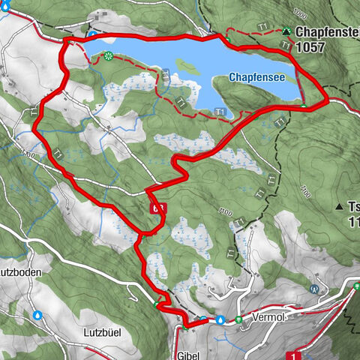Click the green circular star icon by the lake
(x=109, y=56)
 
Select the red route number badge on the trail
(x=156, y=209)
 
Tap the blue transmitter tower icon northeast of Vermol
(x=313, y=288)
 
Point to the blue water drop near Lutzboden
(x=37, y=315)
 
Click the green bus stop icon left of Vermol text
(x=238, y=319)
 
